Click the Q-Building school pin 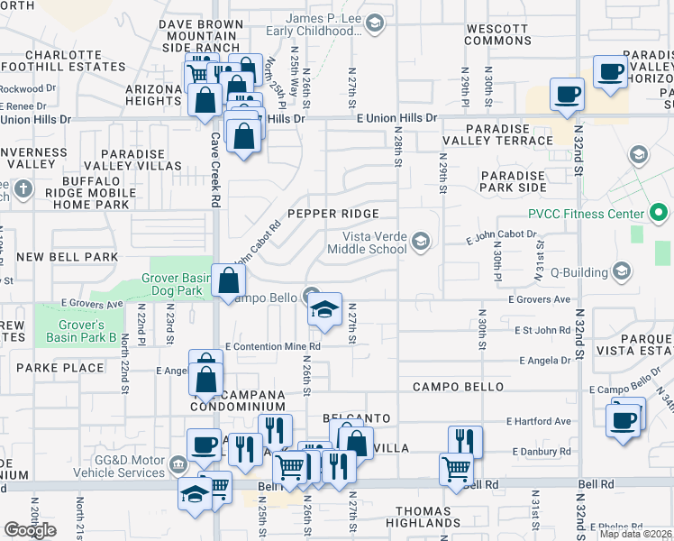click(622, 270)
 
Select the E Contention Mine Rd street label click(273, 345)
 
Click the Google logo click(30, 530)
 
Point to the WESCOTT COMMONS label click(498, 34)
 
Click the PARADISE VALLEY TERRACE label click(497, 134)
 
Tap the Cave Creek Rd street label click(215, 162)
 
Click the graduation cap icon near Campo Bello click(325, 310)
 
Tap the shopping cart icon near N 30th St click(457, 469)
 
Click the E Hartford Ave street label click(539, 421)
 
